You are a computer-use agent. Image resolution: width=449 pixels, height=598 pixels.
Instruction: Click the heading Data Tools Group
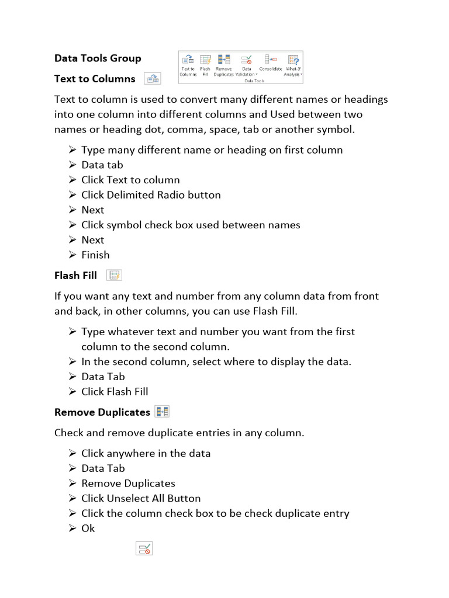(x=98, y=58)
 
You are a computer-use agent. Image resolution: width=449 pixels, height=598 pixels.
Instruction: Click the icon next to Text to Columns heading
(x=152, y=79)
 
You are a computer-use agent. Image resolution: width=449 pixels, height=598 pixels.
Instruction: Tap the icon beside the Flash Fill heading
(x=114, y=275)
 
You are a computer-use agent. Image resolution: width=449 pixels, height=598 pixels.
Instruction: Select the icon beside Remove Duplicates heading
(x=162, y=412)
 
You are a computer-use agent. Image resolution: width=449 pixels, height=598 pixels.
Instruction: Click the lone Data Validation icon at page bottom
(x=144, y=548)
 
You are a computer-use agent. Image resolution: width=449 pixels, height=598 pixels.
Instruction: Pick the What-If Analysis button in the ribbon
(x=293, y=64)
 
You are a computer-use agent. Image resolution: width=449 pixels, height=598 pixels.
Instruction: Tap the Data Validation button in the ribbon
(x=247, y=64)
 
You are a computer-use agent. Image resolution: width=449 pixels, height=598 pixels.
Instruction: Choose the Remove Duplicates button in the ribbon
(x=223, y=64)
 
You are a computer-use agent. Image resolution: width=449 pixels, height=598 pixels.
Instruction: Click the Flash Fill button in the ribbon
(x=205, y=64)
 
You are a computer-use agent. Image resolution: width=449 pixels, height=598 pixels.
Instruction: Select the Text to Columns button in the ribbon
(x=188, y=64)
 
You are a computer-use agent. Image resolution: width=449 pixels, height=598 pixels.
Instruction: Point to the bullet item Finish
(x=95, y=255)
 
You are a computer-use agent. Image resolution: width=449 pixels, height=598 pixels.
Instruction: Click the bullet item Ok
(x=88, y=528)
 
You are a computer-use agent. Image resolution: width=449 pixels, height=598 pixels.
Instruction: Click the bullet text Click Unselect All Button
(x=141, y=498)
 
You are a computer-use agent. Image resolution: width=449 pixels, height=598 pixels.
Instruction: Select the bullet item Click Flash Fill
(x=115, y=391)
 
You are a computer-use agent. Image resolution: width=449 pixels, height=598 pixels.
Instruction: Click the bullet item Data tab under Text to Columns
(x=102, y=165)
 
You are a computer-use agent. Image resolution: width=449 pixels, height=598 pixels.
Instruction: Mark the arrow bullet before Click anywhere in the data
(x=72, y=453)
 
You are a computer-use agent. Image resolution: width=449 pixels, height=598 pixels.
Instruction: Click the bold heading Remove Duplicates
(x=102, y=412)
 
